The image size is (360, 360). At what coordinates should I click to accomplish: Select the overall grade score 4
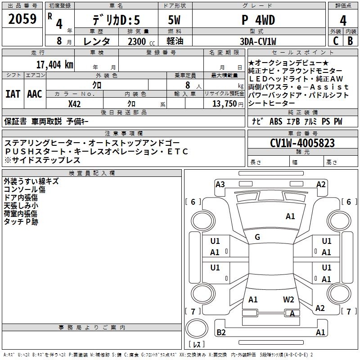pos(343,20)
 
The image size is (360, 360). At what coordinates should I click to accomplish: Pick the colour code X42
pos(75,103)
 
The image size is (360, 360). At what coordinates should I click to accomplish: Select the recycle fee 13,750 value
pos(225,103)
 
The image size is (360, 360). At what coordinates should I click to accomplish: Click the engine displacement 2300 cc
pos(138,41)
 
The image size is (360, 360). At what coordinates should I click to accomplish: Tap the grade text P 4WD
pos(258,20)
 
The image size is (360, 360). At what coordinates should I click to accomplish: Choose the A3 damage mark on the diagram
pos(220,184)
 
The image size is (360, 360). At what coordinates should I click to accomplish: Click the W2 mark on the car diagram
pos(288,299)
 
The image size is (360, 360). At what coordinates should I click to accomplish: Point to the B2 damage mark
pos(221,333)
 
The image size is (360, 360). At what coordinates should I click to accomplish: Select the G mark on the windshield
pos(257,237)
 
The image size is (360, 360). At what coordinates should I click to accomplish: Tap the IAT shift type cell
pos(13,94)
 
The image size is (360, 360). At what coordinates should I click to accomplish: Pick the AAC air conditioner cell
pos(35,94)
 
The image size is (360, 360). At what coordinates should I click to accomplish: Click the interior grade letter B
pos(350,41)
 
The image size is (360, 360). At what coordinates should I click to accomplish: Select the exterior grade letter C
pos(336,41)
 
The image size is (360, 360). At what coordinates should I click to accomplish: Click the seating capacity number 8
pos(186,85)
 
